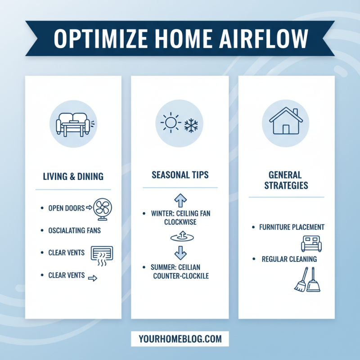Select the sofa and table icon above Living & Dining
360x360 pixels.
tap(73, 124)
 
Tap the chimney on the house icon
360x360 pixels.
tap(295, 112)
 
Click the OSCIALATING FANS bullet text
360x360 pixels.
tap(74, 230)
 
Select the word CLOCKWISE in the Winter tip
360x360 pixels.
tap(180, 222)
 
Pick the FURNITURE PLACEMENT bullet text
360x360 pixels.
tap(292, 227)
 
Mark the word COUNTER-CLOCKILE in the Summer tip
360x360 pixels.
tap(180, 275)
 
